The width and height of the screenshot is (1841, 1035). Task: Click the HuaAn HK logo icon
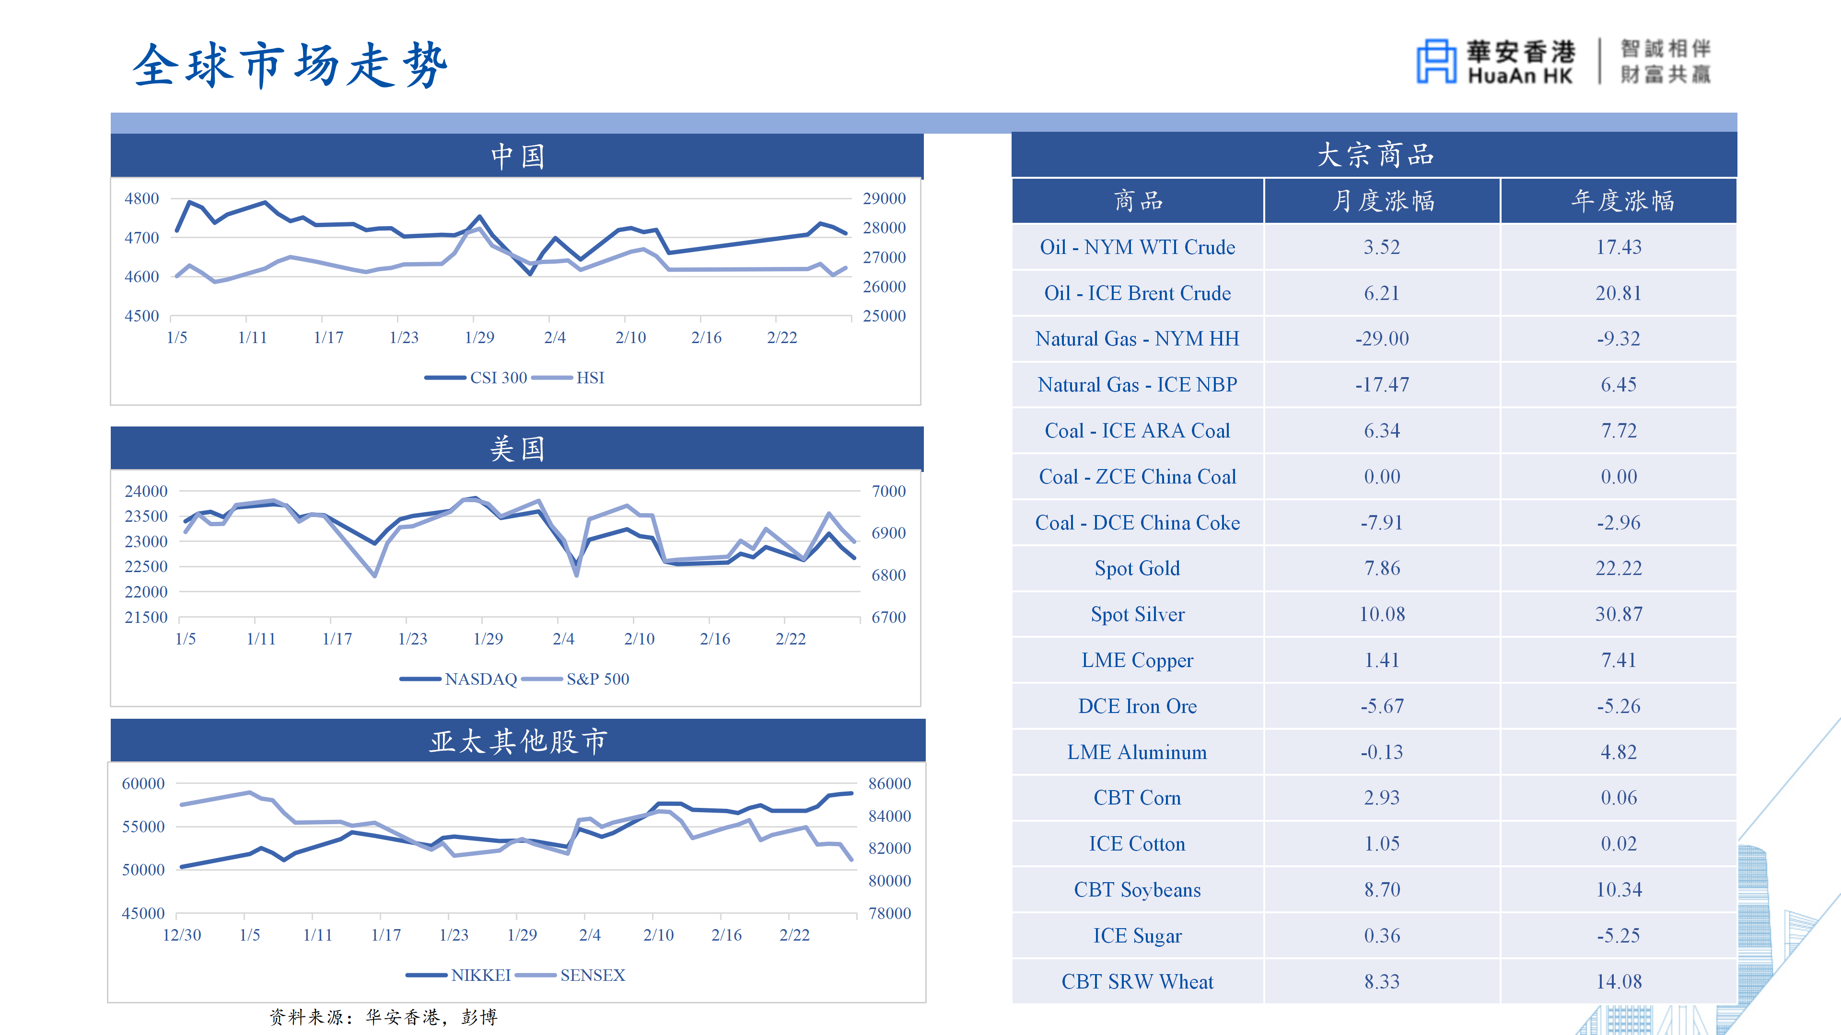[x=1436, y=61]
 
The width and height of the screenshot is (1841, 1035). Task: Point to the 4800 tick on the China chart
[x=141, y=198]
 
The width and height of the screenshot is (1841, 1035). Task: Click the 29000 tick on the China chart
[x=884, y=198]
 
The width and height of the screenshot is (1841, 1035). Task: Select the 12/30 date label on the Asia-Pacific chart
[x=182, y=935]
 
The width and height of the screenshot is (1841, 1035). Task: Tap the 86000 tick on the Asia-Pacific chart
[x=889, y=783]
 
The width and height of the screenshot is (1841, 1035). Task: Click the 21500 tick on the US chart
[x=146, y=617]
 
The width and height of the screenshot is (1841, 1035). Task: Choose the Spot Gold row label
[x=1137, y=569]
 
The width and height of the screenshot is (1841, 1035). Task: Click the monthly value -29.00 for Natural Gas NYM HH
[x=1381, y=339]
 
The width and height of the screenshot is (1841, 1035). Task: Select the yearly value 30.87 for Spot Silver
[x=1619, y=614]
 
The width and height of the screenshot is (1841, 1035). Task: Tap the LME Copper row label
[x=1137, y=660]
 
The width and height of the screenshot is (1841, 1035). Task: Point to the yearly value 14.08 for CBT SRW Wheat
[x=1619, y=981]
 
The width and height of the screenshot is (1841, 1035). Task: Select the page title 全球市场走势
[x=290, y=65]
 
